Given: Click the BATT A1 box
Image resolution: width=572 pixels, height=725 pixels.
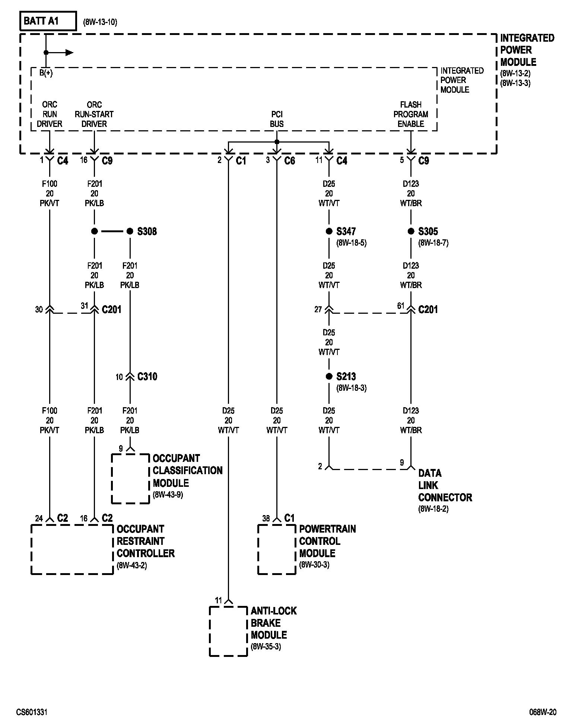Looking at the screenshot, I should click(47, 21).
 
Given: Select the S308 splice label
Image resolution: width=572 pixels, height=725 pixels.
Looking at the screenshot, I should click(147, 231).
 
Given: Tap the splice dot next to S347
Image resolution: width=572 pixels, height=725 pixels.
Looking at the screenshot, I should click(329, 231).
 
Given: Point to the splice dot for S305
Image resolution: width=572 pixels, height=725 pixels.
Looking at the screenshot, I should click(411, 231).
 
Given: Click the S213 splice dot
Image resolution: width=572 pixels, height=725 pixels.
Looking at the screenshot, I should click(329, 377).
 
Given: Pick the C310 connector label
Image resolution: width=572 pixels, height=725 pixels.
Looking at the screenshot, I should click(147, 377).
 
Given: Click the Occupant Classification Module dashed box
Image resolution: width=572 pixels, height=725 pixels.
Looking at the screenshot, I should click(130, 478).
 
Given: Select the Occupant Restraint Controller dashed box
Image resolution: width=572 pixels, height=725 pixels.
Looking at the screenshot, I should click(72, 549).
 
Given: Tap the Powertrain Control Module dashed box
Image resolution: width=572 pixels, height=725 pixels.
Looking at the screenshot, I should click(277, 549).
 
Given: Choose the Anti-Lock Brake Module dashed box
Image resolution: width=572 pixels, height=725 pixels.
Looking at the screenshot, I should click(228, 631).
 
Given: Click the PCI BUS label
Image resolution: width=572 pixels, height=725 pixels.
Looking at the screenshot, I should click(277, 119).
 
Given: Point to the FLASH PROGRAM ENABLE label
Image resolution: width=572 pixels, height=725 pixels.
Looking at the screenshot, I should click(411, 114).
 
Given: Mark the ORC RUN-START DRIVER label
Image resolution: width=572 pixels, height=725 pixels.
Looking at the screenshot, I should click(94, 114).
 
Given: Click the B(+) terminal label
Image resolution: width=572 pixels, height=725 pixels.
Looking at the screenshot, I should click(46, 73).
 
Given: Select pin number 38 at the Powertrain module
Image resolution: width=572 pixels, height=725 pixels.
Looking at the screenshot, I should click(266, 518).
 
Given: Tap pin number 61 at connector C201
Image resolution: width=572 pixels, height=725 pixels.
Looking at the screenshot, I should click(401, 306).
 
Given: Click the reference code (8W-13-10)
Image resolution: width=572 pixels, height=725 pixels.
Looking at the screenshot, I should click(100, 22).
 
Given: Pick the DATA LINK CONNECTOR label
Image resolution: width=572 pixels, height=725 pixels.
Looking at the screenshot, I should click(445, 485).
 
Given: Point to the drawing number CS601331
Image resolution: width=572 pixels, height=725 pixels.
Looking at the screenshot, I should click(32, 712).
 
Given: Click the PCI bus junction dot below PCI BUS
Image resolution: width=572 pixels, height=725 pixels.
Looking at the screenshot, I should click(277, 142).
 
